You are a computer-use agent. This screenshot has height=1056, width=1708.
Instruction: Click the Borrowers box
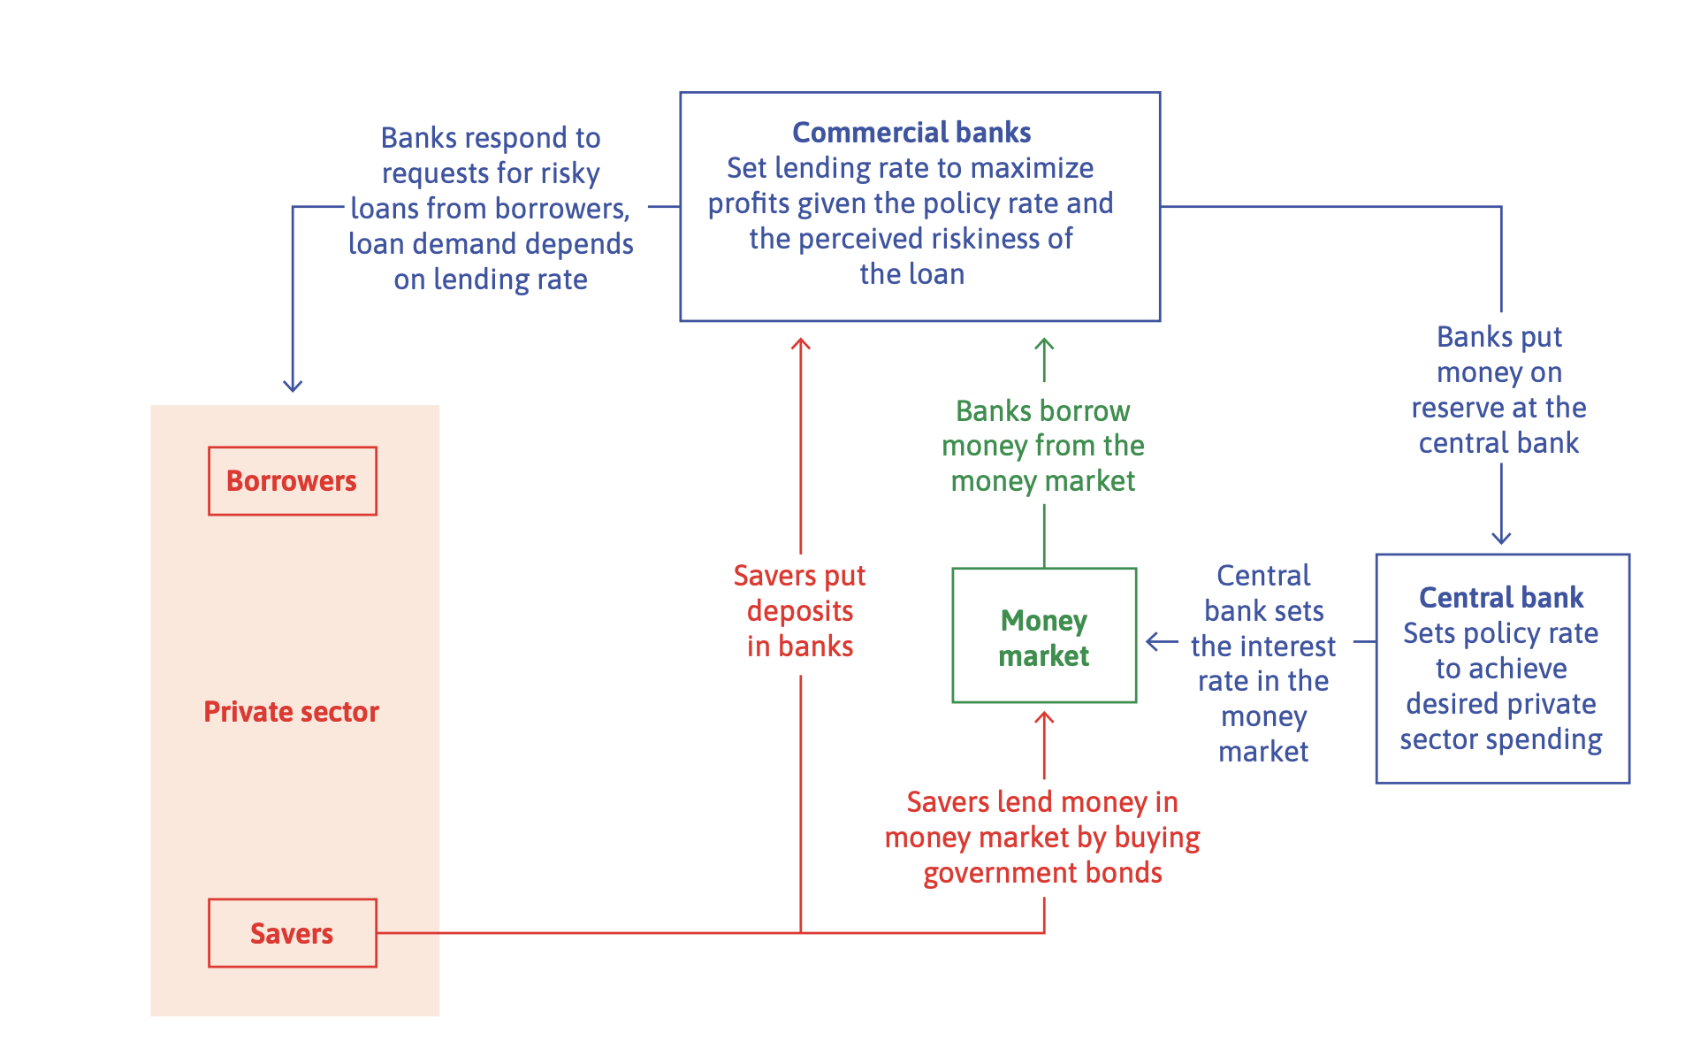tap(292, 481)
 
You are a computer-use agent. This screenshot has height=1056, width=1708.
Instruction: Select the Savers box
tap(292, 933)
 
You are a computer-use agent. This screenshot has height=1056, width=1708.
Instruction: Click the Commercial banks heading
tap(911, 133)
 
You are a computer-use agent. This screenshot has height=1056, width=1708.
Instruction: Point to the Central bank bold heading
tap(1501, 598)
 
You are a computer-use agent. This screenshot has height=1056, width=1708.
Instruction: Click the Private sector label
tap(291, 712)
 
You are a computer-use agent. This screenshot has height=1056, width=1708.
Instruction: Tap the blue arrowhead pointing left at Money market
tap(1152, 642)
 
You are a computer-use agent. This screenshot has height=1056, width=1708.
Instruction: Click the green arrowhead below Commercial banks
tap(1044, 345)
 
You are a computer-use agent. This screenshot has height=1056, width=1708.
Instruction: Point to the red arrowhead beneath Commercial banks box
tap(801, 345)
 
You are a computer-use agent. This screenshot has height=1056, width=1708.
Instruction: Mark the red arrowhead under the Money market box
tap(1044, 718)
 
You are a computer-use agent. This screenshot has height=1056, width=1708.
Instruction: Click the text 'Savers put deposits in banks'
tap(800, 611)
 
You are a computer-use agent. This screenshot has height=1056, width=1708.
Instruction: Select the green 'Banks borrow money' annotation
tap(1043, 446)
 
